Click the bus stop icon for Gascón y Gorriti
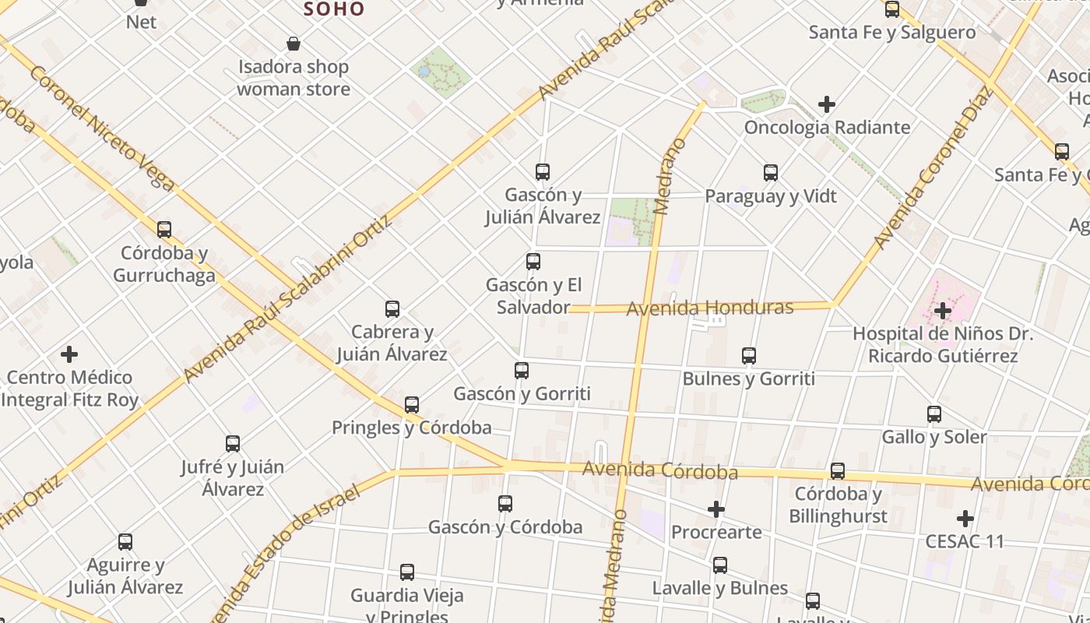coord(522,371)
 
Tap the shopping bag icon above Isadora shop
coord(294,44)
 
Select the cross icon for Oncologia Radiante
coord(827,104)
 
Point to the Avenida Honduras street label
coord(710,308)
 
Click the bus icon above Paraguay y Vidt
coord(771,173)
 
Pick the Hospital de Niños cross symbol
coord(943,311)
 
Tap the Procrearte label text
coord(716,533)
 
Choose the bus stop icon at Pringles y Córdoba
coord(412,405)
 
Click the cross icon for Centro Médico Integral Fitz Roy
coord(69,354)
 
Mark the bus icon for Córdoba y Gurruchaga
coord(164,230)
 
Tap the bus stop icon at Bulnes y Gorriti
coord(749,356)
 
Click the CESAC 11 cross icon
coord(965,519)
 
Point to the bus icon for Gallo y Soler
coord(934,414)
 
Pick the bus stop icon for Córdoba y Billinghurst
coord(838,471)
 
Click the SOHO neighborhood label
coord(334,9)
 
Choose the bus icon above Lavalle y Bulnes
coord(720,565)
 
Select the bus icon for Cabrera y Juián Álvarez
coord(392,309)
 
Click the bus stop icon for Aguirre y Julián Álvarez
coord(125,542)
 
